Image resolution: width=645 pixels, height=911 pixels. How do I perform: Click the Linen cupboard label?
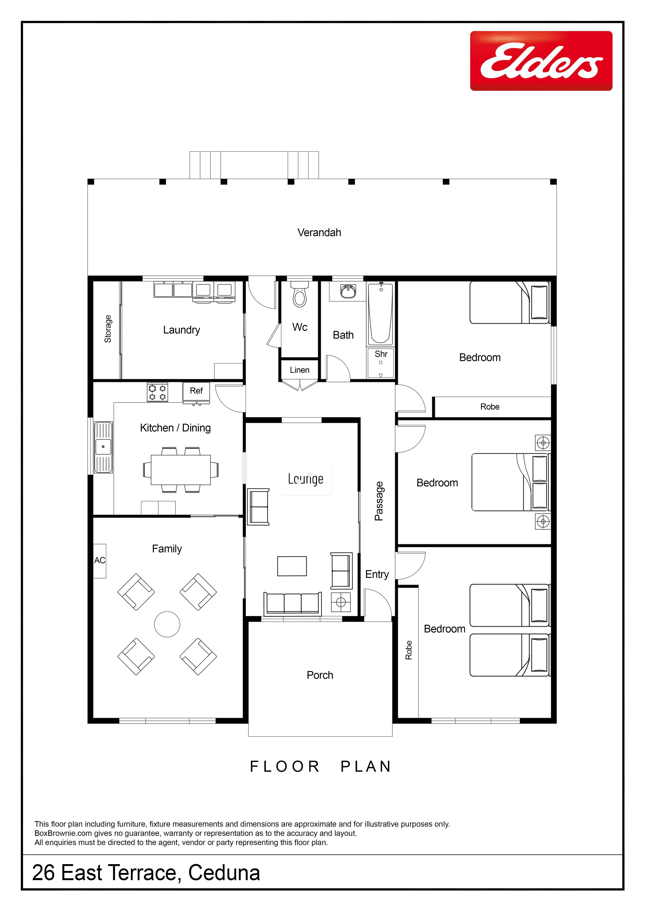pyautogui.click(x=300, y=370)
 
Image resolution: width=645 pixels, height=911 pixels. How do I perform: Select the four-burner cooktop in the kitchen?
pyautogui.click(x=157, y=392)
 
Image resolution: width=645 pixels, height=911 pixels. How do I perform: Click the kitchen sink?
pyautogui.click(x=103, y=447)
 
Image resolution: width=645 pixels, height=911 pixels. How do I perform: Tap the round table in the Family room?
pyautogui.click(x=167, y=624)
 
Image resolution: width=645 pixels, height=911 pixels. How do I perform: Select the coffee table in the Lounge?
pyautogui.click(x=292, y=566)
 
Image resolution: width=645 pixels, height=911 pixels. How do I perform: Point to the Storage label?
pyautogui.click(x=108, y=329)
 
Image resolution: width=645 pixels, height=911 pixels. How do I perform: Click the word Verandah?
pyautogui.click(x=319, y=232)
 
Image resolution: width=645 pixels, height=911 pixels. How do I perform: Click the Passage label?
pyautogui.click(x=379, y=501)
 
